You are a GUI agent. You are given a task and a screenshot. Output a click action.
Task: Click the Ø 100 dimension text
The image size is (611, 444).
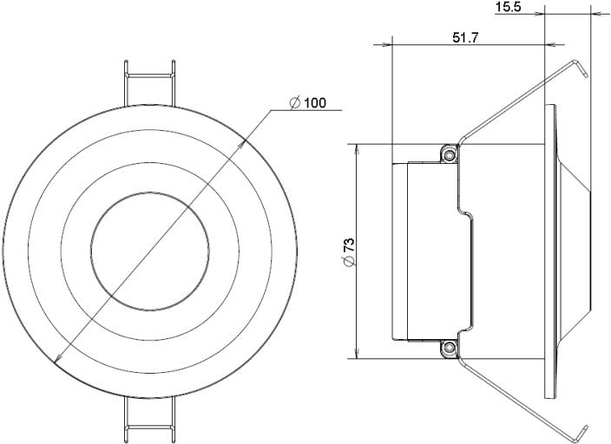click(307, 103)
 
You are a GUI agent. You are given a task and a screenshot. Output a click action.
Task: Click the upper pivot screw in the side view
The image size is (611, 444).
click(449, 153)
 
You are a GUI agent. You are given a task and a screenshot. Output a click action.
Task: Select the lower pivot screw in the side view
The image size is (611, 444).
click(449, 349)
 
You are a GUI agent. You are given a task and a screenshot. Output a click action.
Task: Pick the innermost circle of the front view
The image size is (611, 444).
click(151, 248)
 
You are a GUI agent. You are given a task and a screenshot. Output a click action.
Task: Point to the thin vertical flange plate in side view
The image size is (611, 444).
click(549, 251)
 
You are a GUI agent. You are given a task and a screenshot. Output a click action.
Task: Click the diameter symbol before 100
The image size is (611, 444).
click(294, 103)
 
